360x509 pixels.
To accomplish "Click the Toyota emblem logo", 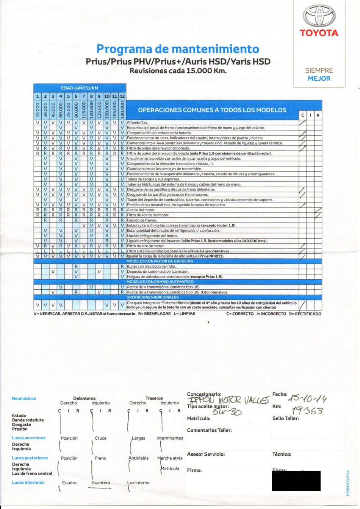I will coord(319,16).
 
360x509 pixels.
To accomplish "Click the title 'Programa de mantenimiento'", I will coord(178,49).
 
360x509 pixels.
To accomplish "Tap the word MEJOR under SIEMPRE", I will coord(319,78).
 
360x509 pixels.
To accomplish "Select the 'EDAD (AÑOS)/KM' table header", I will coord(80,88).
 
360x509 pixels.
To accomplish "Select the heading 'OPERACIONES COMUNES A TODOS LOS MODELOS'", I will coord(212,110).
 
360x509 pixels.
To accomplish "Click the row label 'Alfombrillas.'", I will coord(137,123).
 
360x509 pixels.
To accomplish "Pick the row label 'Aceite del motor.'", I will coord(141,210).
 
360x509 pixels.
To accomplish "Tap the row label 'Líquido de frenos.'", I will coord(142,220).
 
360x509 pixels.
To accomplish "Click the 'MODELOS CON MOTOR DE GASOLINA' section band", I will coord(160,261).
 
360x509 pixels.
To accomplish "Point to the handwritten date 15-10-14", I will coord(307,398).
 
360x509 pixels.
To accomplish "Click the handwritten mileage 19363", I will coord(307,411).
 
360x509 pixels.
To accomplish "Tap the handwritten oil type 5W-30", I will coord(227,412).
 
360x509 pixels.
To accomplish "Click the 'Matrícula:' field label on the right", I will coord(199,418).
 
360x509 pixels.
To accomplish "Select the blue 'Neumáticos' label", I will coord(24,398).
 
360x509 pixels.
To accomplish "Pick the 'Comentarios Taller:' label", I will coord(209,430).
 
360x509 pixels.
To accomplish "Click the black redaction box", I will coord(296,481).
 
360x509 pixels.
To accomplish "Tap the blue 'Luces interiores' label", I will coord(28,482).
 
